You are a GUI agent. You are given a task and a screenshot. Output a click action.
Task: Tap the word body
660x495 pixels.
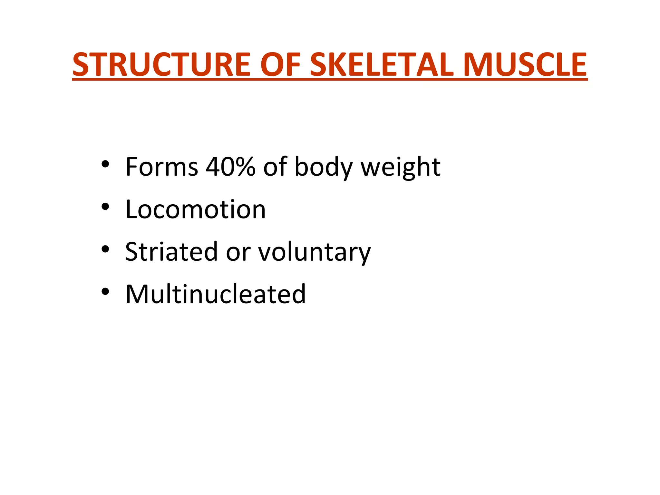(x=324, y=168)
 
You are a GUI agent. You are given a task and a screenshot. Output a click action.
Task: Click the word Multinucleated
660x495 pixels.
(x=215, y=294)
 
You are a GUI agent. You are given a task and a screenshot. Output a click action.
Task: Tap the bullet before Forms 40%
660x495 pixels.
(x=105, y=164)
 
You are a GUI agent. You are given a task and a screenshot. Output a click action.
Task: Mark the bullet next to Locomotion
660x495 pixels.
(x=105, y=207)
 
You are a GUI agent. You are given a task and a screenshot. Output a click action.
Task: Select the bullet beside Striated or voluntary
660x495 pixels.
(x=105, y=249)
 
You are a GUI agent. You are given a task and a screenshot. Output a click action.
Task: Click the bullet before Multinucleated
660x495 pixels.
(x=105, y=292)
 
